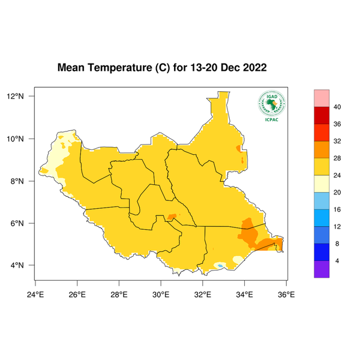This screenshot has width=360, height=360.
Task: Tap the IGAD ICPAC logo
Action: (271, 106)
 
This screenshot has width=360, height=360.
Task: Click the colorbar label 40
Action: (337, 107)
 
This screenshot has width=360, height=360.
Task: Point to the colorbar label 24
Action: (337, 175)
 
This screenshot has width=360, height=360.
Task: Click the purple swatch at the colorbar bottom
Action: (322, 269)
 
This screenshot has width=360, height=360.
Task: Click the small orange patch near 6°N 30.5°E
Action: (172, 217)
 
